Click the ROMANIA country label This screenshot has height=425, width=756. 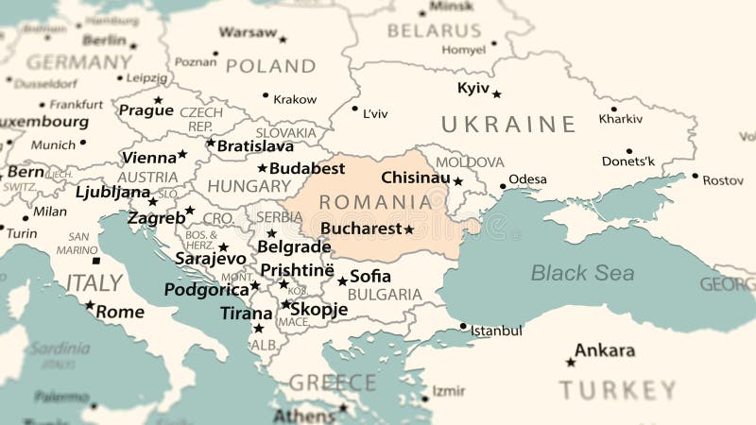[375, 202]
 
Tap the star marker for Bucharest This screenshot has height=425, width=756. [409, 229]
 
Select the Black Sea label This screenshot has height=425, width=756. [582, 273]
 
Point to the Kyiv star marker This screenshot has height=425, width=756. [496, 93]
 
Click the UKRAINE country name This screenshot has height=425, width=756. [508, 125]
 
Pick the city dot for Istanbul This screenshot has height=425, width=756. [463, 327]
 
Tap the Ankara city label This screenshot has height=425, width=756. [604, 350]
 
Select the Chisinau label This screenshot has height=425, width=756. [415, 178]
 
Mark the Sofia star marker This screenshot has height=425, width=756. [342, 280]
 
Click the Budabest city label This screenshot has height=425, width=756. [307, 168]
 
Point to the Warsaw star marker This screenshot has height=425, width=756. [283, 40]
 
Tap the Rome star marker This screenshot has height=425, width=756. [90, 305]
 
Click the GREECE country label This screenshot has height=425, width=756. [332, 382]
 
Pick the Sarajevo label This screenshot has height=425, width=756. [210, 259]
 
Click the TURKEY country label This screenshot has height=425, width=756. [617, 390]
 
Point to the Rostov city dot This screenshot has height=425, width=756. [696, 176]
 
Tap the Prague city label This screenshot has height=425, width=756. [146, 110]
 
